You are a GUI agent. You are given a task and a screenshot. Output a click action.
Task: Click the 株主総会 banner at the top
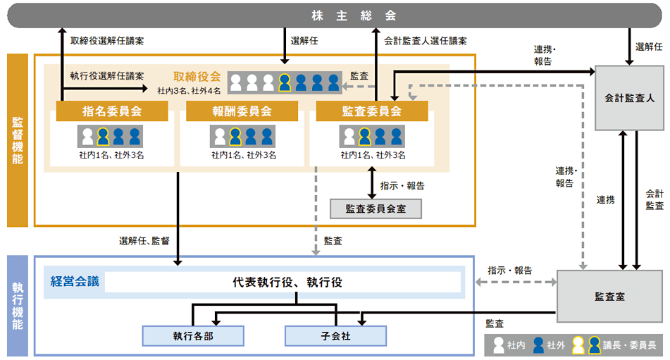[x=335, y=15]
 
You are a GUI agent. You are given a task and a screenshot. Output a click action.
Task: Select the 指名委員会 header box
[x=112, y=111]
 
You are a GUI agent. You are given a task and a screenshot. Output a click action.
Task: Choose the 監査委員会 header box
[x=371, y=111]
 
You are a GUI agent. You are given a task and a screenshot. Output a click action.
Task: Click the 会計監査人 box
[x=630, y=98]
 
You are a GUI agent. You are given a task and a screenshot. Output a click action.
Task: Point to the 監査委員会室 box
[x=377, y=209]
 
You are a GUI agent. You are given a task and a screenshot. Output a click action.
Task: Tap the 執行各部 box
[x=193, y=336]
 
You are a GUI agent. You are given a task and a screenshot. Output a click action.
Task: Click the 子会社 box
[x=335, y=336]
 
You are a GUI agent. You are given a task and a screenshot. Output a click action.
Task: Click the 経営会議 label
[x=75, y=282]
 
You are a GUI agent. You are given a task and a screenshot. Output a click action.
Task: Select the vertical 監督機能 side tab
[x=18, y=140]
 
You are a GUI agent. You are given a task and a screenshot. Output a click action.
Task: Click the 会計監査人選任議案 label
[x=425, y=41]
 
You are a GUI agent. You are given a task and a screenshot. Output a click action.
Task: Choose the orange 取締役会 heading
[x=197, y=76]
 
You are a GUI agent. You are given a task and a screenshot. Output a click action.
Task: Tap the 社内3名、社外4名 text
[x=189, y=90]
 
